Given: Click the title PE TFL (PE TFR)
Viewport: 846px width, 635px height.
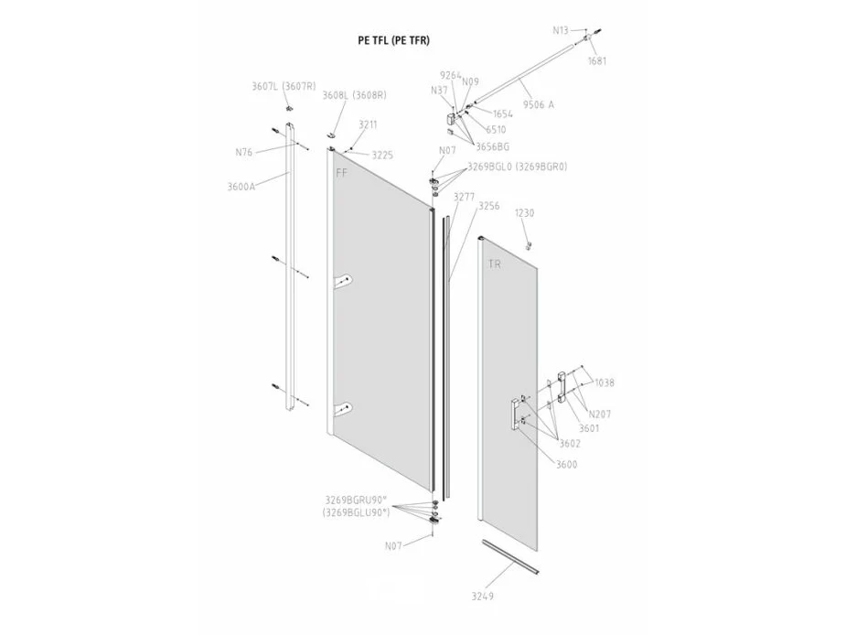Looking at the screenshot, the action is tap(394, 40).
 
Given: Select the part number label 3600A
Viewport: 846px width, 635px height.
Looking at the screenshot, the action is tap(241, 187).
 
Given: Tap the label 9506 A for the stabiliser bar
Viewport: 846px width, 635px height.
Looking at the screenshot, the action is tap(538, 104).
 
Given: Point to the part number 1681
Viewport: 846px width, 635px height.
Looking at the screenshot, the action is tap(597, 61).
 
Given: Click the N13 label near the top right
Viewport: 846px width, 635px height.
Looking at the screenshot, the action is tap(561, 31).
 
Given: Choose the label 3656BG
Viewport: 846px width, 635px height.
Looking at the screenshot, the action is tap(492, 147).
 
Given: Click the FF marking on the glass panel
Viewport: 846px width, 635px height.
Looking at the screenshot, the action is tap(342, 173).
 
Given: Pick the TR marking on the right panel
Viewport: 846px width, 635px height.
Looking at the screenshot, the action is tap(494, 264).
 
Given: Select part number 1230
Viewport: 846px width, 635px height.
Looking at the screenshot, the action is tap(524, 213).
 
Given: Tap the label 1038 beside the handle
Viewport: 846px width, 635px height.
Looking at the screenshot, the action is tap(605, 382).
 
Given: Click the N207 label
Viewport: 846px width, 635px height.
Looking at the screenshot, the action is tap(599, 414).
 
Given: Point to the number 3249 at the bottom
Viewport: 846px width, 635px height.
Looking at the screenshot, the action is tap(482, 597).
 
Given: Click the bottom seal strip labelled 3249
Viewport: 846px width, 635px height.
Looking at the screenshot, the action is tap(510, 556).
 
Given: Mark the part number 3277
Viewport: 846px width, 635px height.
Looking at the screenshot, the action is tap(464, 197).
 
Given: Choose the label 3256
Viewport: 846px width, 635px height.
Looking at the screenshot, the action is tap(488, 206).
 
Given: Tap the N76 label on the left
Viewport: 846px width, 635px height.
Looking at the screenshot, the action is tap(244, 152).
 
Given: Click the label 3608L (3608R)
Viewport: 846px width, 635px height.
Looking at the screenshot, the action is tap(355, 95).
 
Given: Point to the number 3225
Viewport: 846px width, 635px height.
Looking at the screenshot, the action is tap(382, 156).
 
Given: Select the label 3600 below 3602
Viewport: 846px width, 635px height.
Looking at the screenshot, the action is tap(566, 465).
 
